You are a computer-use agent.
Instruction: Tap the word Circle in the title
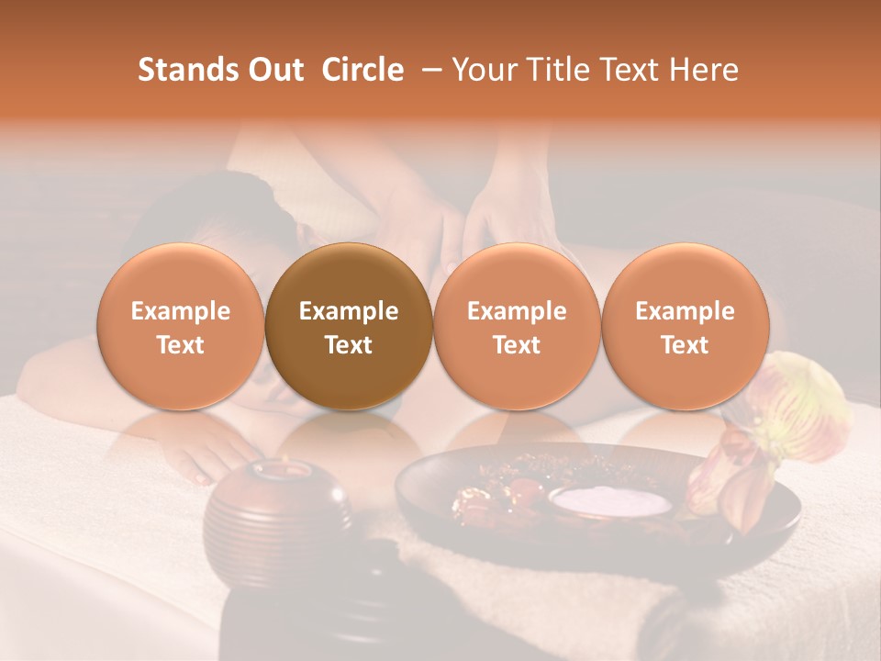pyautogui.click(x=362, y=70)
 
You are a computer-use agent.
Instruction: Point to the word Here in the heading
pyautogui.click(x=707, y=70)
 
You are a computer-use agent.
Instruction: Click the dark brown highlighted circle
pyautogui.click(x=349, y=326)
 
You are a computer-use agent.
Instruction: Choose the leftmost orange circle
pyautogui.click(x=181, y=326)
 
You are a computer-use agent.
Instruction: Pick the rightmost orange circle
pyautogui.click(x=686, y=326)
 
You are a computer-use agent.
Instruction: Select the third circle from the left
pyautogui.click(x=517, y=326)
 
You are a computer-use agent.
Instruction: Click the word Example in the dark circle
pyautogui.click(x=349, y=311)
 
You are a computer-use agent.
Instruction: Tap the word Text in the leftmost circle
pyautogui.click(x=181, y=345)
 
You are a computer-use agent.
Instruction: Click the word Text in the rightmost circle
pyautogui.click(x=686, y=345)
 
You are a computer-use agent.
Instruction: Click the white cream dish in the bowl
pyautogui.click(x=611, y=500)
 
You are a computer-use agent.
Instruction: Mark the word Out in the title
pyautogui.click(x=274, y=70)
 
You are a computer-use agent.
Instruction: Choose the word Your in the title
pyautogui.click(x=482, y=70)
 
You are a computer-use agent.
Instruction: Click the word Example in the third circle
pyautogui.click(x=517, y=311)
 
